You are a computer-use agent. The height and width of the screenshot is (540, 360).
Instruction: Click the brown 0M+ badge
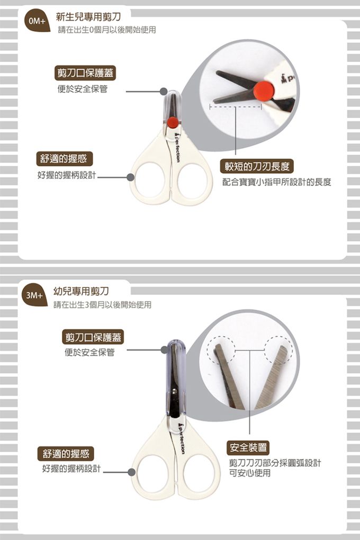click(36, 21)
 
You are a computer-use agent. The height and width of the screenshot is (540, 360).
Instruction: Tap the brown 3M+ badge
click(34, 295)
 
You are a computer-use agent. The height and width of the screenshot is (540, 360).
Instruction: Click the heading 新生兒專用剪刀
click(88, 16)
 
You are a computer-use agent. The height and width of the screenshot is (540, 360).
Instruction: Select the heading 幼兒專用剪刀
click(81, 291)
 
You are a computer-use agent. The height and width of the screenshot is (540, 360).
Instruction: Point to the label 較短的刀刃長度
click(257, 167)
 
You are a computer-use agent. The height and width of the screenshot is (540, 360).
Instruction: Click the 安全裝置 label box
click(248, 448)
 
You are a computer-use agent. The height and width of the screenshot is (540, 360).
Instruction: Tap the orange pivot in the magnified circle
click(264, 90)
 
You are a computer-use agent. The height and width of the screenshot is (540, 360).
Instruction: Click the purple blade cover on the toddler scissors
click(176, 379)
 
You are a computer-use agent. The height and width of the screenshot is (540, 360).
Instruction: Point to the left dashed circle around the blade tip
click(221, 350)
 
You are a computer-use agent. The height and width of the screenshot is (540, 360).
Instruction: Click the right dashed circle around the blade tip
click(278, 350)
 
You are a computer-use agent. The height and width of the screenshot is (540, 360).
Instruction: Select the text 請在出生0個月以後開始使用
click(107, 30)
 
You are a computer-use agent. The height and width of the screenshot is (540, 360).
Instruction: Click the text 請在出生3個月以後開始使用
click(102, 305)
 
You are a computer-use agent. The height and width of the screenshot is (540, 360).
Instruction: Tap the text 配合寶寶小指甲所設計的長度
click(277, 182)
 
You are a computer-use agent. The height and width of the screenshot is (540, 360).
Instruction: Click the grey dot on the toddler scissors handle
click(132, 472)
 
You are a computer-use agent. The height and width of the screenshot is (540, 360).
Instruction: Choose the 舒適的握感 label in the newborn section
click(64, 159)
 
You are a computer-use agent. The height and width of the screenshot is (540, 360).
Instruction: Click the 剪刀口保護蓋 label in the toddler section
click(93, 337)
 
